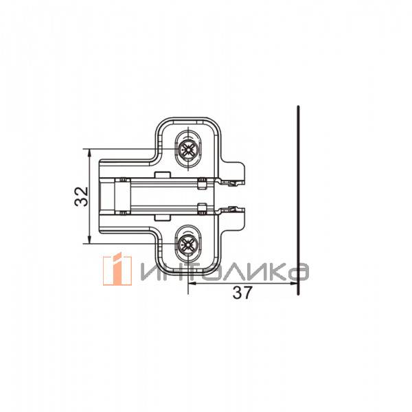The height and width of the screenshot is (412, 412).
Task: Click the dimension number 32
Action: pos(82,196)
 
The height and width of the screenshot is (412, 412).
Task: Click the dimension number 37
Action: pos(242,293)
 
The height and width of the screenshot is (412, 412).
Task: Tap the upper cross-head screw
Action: pos(188,150)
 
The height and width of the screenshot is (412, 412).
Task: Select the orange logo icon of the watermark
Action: pos(117,268)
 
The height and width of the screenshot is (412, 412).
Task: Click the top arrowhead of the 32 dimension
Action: pos(89,153)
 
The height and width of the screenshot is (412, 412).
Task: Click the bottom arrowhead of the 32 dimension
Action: pos(89,240)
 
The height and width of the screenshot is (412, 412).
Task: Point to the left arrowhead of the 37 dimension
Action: pos(193,283)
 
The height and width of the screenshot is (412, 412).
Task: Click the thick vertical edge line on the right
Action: pos(298,201)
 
